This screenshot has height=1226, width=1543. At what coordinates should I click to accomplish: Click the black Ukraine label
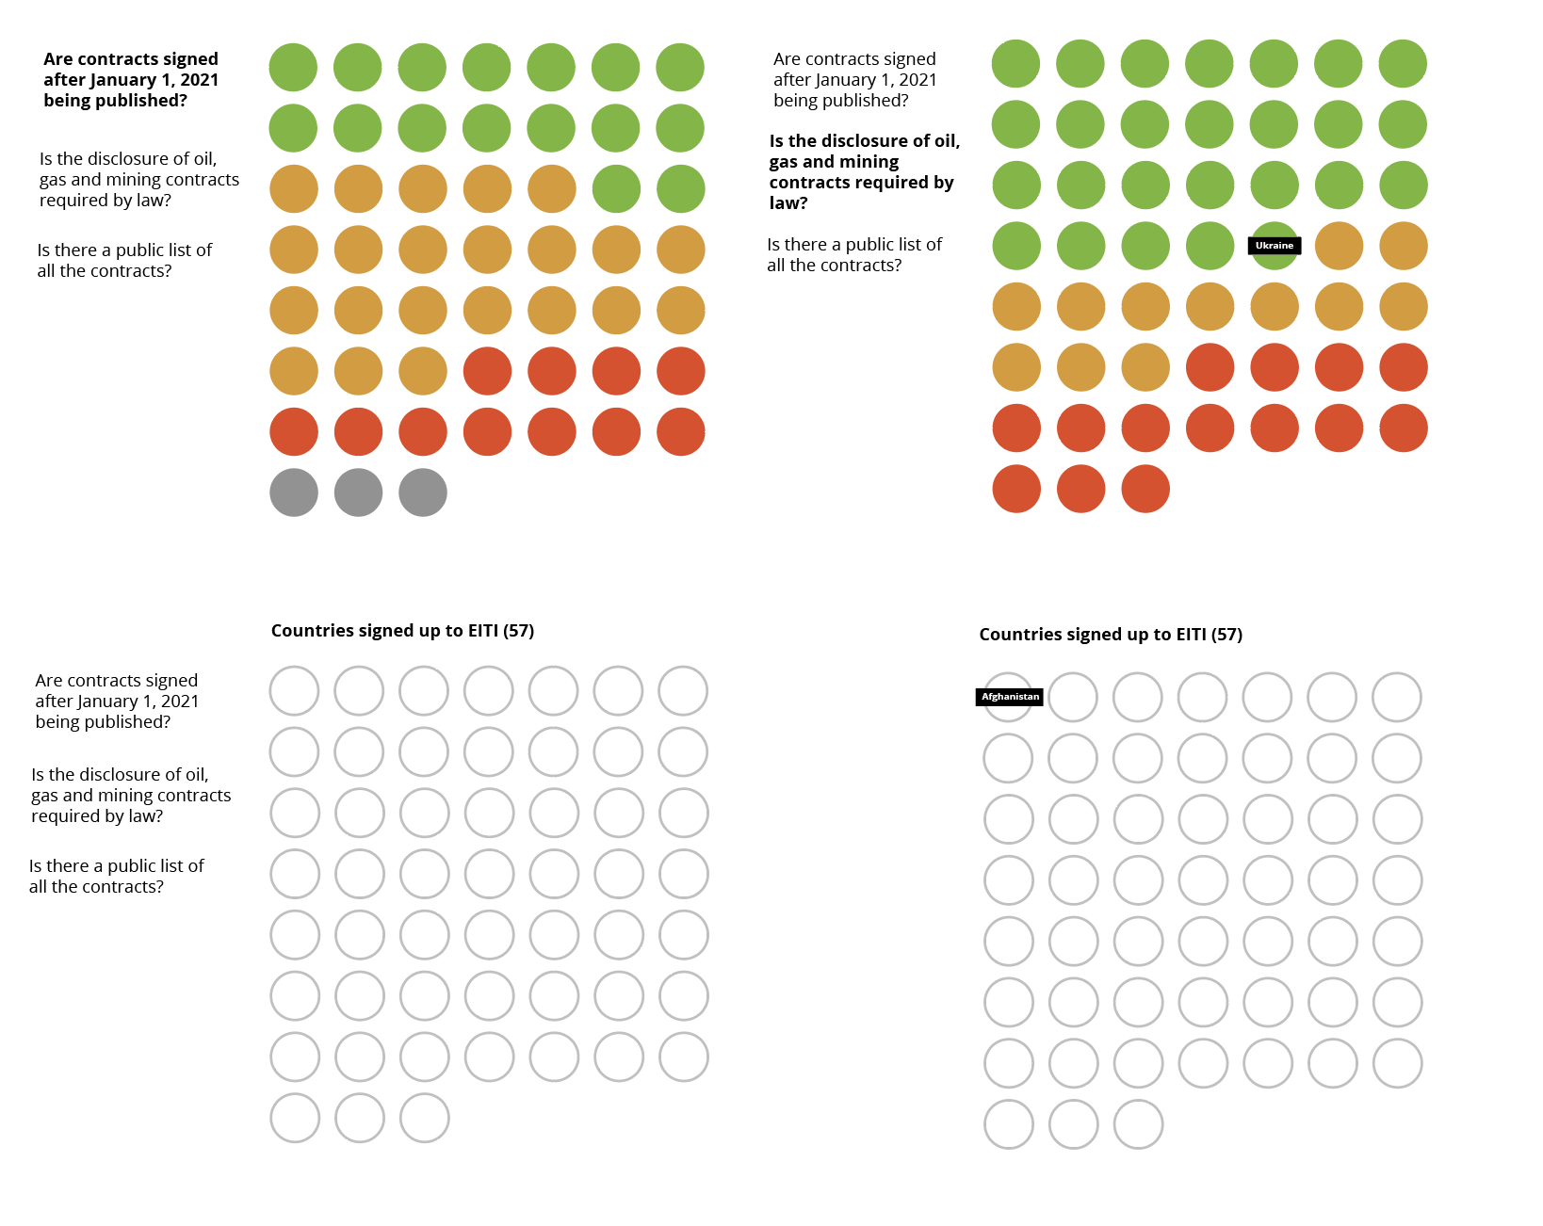tap(1275, 246)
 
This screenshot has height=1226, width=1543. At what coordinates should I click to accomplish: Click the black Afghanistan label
tap(1010, 697)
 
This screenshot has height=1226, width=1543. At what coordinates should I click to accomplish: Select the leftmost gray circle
tap(294, 492)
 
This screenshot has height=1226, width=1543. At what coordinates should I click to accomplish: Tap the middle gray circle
tap(359, 492)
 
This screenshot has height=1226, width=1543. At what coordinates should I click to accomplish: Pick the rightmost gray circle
tap(423, 492)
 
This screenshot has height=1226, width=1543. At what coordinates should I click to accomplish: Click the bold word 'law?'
tap(788, 203)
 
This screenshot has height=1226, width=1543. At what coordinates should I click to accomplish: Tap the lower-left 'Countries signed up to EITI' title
tap(402, 631)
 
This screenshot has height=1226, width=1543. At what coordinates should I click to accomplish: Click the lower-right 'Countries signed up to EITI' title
tap(1111, 635)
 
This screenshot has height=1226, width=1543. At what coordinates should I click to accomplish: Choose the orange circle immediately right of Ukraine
tap(1339, 246)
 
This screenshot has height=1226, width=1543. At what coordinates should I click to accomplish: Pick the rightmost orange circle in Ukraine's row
tap(1404, 246)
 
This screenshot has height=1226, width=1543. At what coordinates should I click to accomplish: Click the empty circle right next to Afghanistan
tap(1073, 697)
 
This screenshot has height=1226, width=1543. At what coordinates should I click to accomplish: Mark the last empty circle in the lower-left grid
tap(425, 1118)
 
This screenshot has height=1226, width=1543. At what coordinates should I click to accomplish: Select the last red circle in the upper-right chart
tap(1145, 489)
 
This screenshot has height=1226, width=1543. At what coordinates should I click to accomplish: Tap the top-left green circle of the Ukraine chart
tap(1016, 64)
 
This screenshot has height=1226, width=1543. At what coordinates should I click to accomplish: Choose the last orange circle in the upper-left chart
tap(423, 371)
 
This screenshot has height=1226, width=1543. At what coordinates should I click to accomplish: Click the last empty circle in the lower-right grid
tap(1138, 1124)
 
